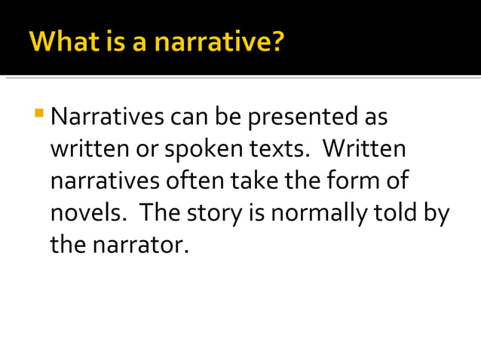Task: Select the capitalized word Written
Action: (365, 150)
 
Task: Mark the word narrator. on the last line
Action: (142, 245)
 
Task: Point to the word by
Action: (437, 213)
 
